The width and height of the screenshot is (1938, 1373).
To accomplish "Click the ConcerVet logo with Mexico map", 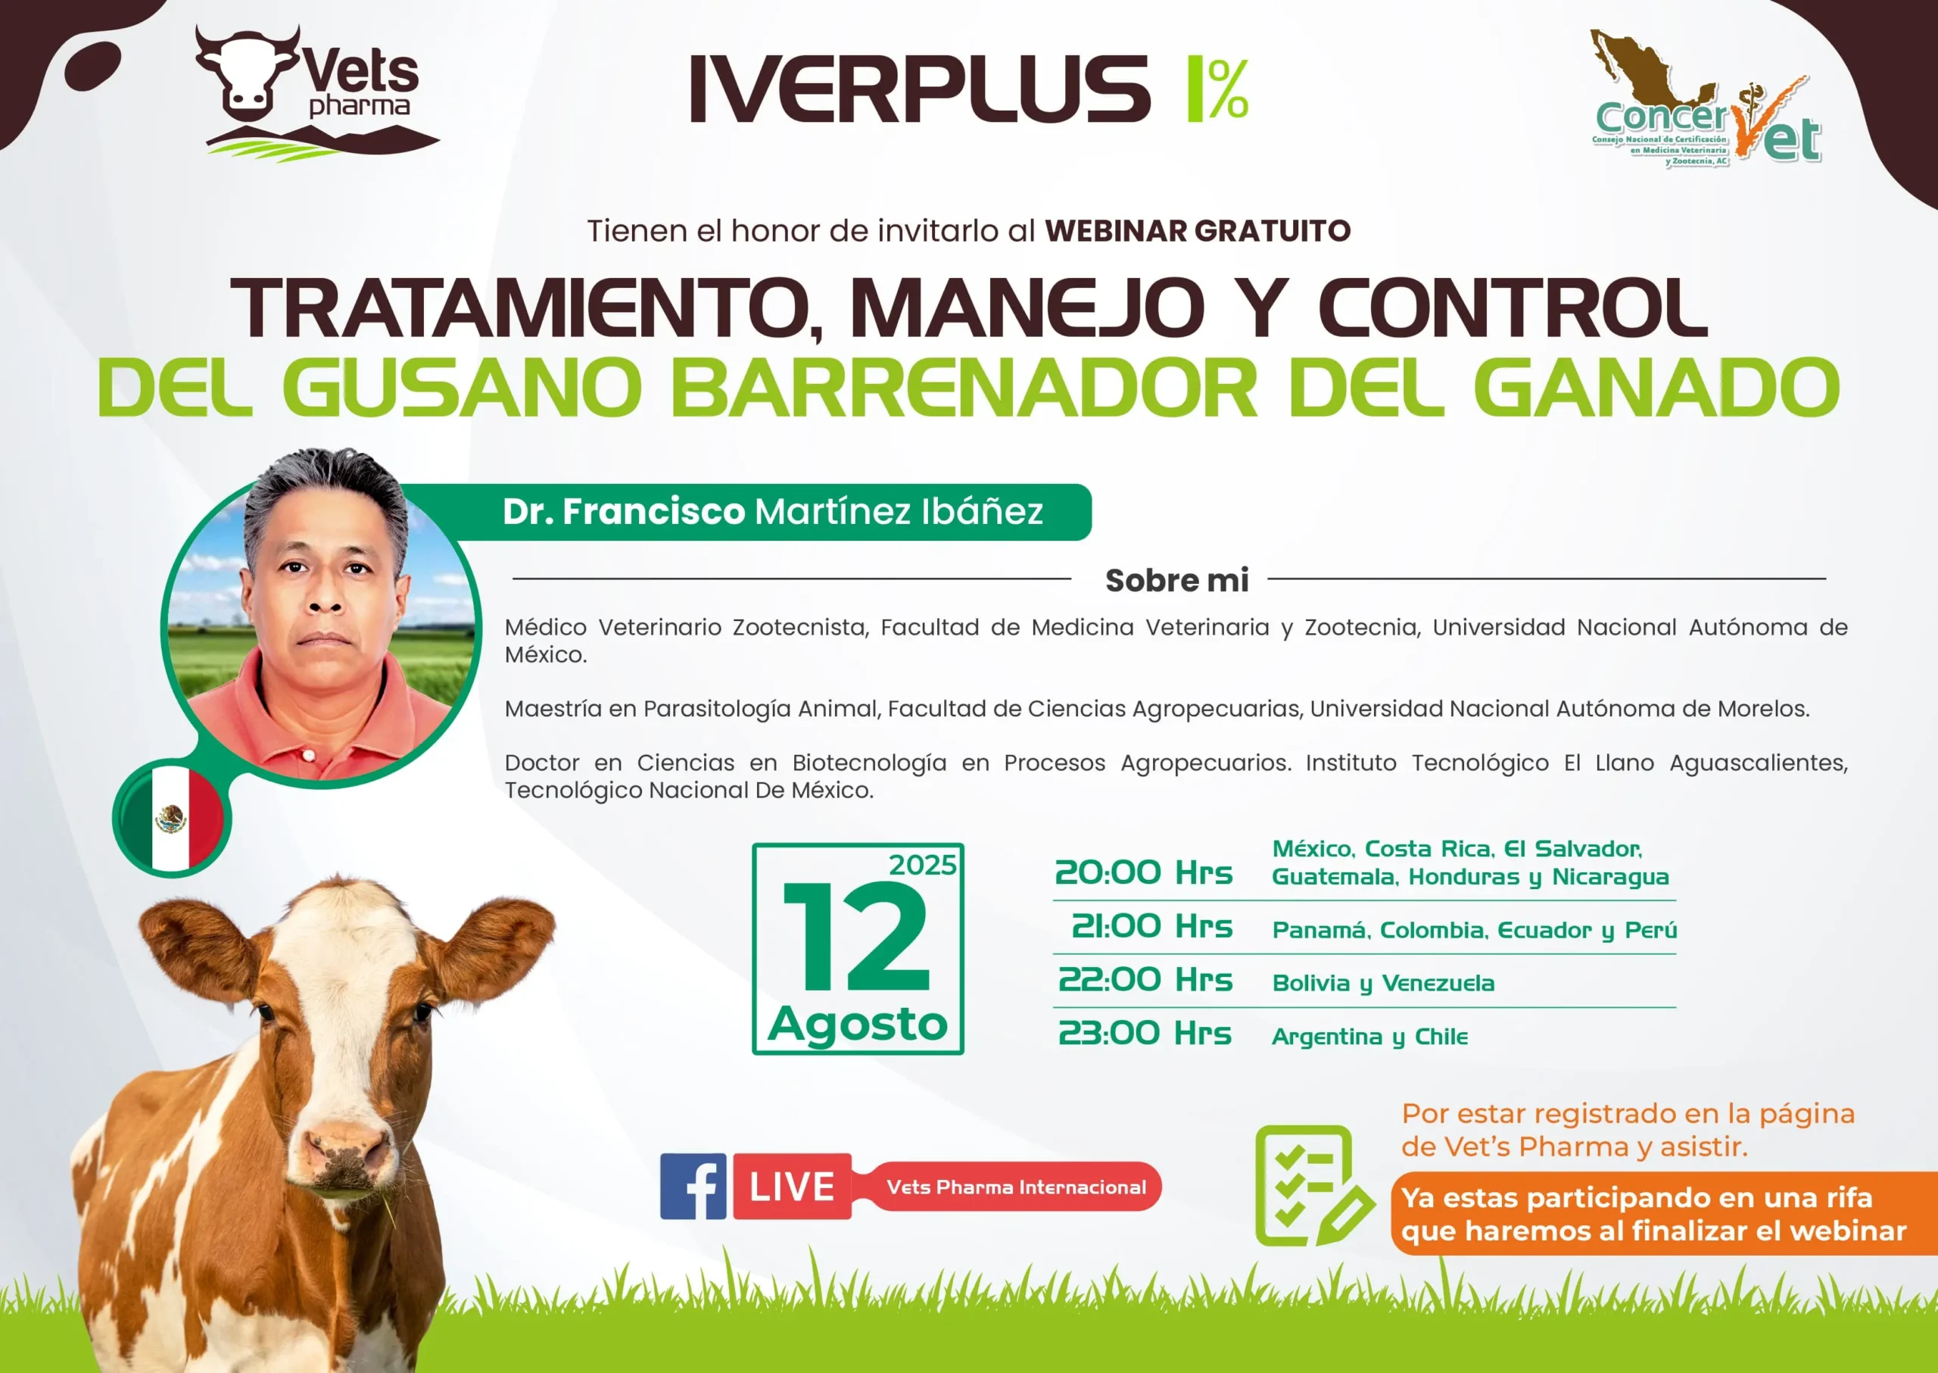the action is click(1706, 100).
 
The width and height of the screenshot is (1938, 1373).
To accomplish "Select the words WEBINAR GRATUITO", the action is click(1198, 231).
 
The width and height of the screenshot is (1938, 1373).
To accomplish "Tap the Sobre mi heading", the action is click(1176, 580).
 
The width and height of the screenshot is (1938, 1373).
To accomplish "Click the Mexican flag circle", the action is click(172, 818).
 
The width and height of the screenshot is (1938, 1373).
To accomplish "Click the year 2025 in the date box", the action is click(922, 865).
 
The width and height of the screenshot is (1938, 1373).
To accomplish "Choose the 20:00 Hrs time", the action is click(1144, 872).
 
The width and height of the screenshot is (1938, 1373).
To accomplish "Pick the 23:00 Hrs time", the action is click(1145, 1034).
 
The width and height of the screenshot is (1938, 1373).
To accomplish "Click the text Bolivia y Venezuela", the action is click(1382, 984).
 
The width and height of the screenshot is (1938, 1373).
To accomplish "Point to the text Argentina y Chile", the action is click(1369, 1038).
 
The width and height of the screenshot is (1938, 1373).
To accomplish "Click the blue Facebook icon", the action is click(693, 1186).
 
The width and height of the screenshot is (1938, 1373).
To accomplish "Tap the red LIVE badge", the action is click(792, 1186).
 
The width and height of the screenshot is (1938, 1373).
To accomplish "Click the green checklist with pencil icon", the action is click(1313, 1186).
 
